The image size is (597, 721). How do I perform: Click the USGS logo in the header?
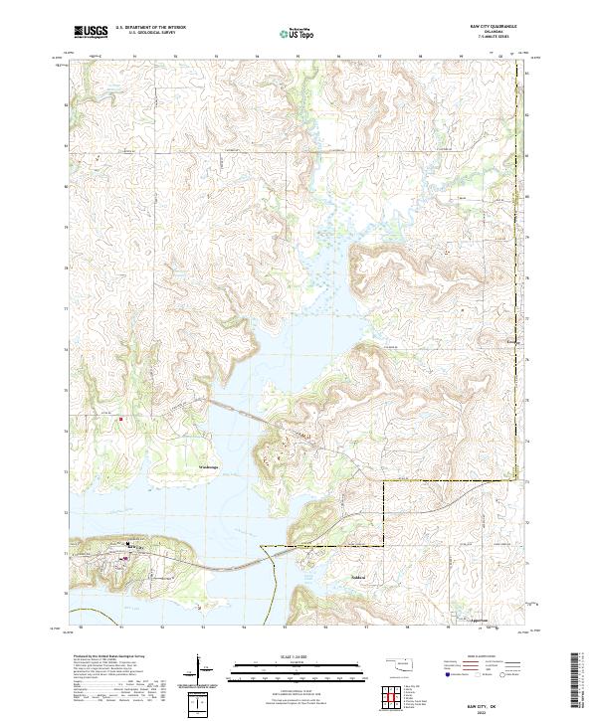click(91, 32)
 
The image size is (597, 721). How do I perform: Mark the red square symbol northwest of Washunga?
click(121, 419)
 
